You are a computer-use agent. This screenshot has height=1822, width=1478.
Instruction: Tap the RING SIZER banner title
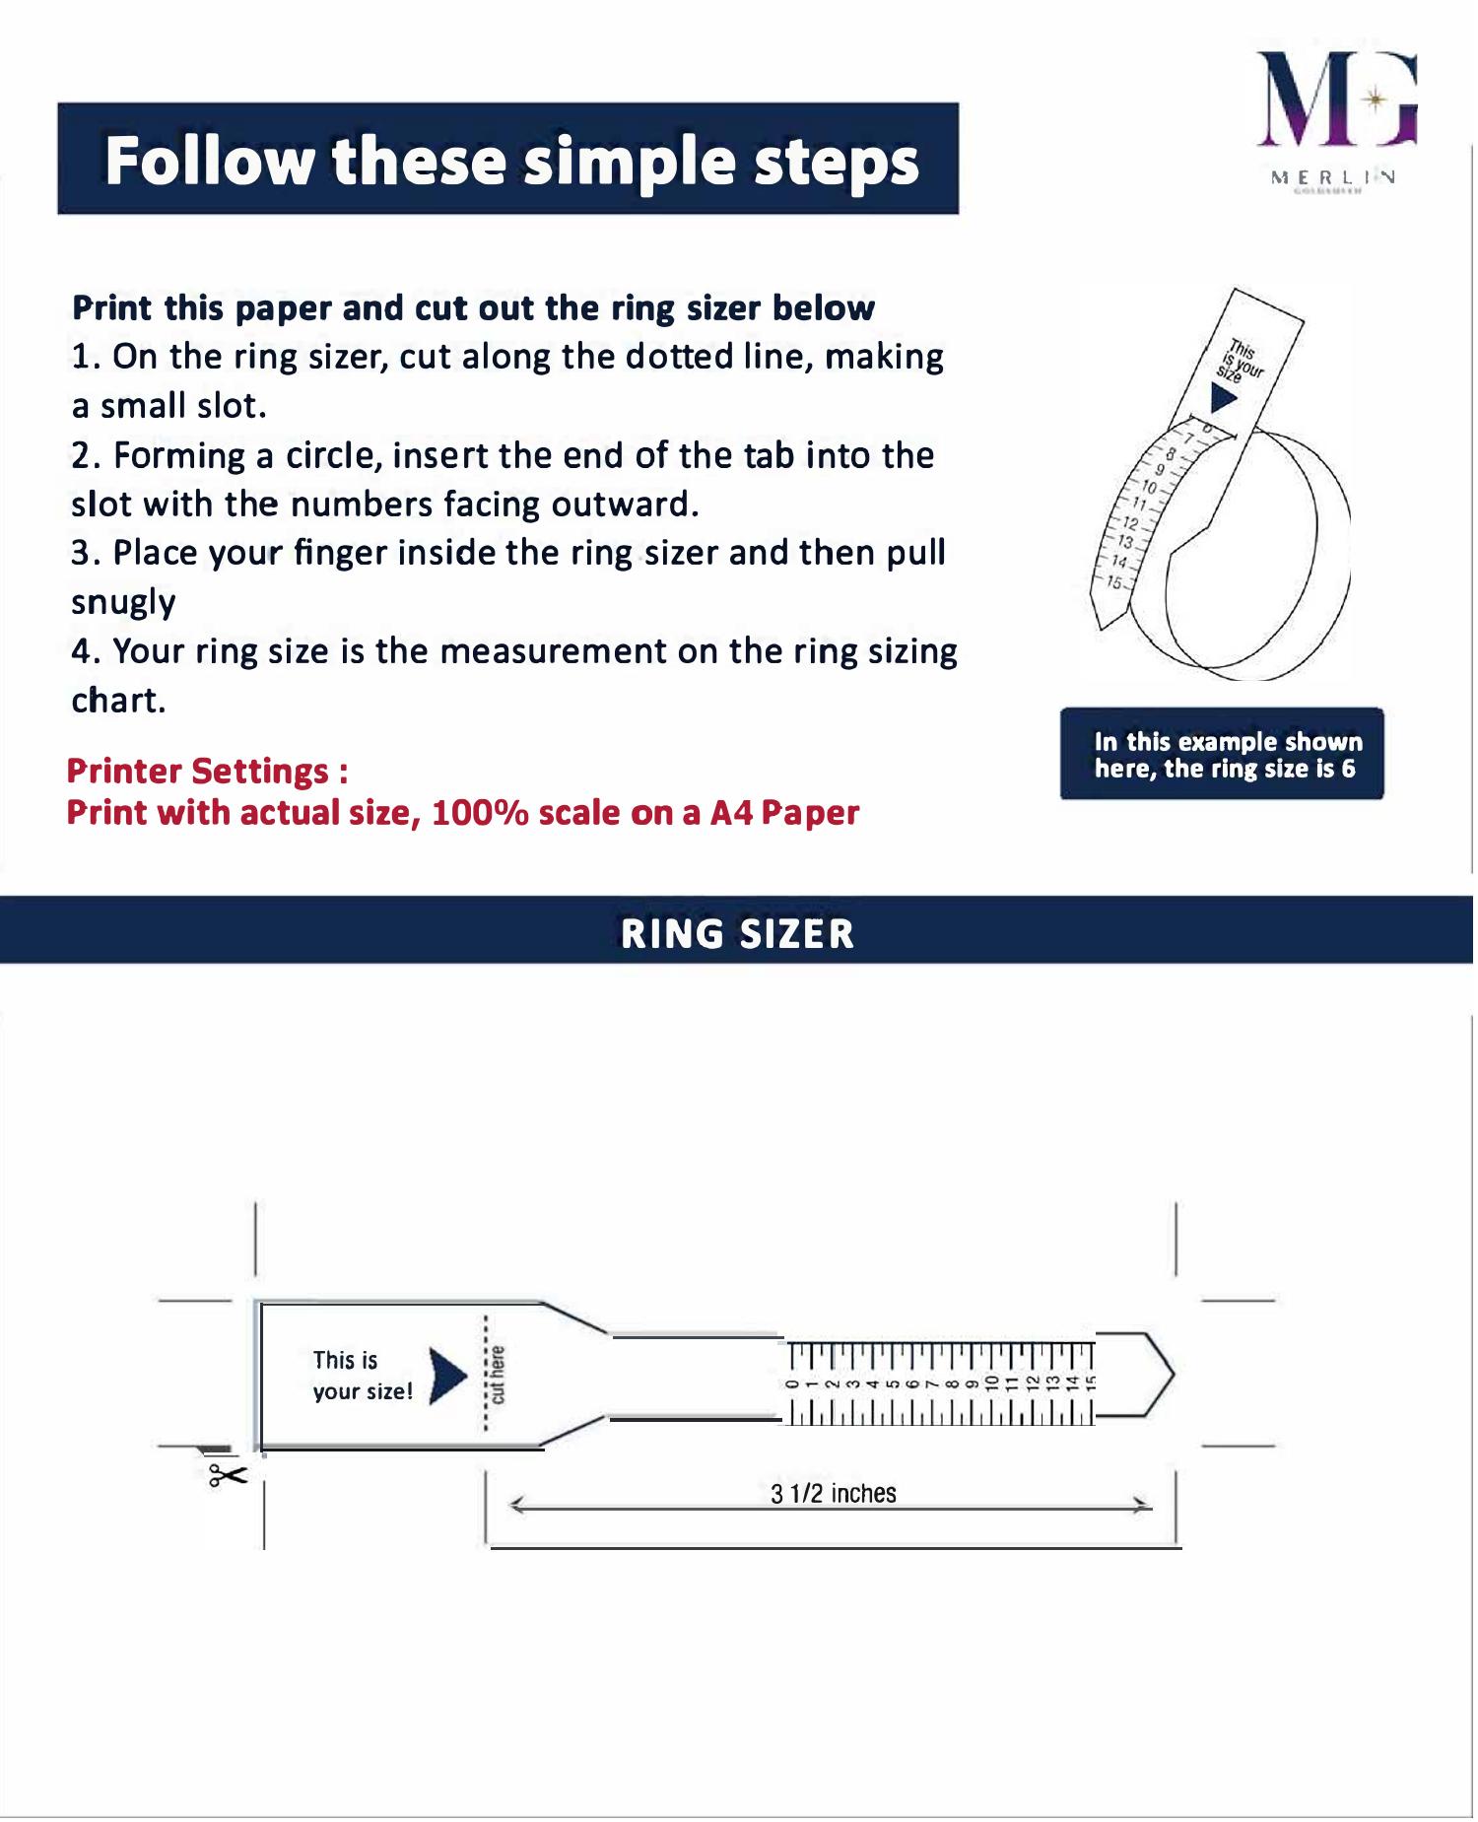coord(737,933)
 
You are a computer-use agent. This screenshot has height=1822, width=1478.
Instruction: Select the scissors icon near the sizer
coord(227,1475)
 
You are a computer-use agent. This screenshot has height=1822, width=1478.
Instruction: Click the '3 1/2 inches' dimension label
coord(834,1494)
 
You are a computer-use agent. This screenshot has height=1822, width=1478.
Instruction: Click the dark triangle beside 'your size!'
coord(446,1375)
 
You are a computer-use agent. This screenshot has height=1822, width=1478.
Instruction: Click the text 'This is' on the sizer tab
coord(345,1360)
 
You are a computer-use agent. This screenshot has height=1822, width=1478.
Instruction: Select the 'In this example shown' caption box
coord(1222,754)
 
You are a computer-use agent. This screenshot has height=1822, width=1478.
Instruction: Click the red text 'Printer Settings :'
coord(207,771)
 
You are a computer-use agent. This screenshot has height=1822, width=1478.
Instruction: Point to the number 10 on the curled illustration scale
coord(1150,487)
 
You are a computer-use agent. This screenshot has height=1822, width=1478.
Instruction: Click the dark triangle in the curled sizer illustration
coord(1223,398)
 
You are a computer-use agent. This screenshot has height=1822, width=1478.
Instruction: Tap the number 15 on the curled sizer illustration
coord(1114,582)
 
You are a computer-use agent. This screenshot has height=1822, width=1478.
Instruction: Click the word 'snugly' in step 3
coord(123,602)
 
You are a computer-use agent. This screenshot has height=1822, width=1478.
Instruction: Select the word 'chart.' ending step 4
coord(118,701)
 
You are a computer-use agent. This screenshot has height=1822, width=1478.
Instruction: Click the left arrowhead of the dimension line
coord(515,1505)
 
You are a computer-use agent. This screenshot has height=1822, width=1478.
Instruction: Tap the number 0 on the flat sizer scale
coord(791,1383)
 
